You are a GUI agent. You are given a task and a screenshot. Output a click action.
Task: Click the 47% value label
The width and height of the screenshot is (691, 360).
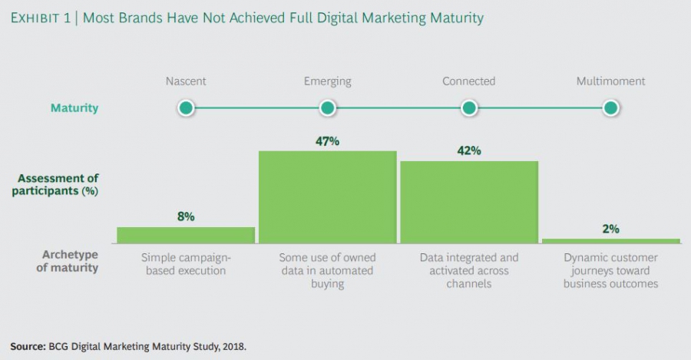pos(327,140)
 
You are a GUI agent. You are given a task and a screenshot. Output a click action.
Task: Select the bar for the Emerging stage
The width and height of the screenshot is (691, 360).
pos(327,197)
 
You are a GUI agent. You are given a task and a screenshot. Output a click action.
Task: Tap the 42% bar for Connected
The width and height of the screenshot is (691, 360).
pos(469,202)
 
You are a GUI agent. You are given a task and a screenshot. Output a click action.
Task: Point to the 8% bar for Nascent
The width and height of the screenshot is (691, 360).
pos(186,235)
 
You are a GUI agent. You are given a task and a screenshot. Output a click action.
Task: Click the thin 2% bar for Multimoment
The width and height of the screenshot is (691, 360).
pos(611,241)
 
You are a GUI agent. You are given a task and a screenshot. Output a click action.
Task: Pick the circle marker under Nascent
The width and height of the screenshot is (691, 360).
pos(185,108)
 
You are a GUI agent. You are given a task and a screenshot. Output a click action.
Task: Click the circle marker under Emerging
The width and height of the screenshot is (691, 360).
pos(327,108)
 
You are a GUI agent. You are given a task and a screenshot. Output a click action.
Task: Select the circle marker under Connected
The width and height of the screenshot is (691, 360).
pos(469,108)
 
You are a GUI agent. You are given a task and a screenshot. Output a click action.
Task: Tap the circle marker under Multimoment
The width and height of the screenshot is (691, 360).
pos(611,108)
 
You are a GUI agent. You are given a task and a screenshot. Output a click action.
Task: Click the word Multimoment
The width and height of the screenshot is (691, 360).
pos(610,81)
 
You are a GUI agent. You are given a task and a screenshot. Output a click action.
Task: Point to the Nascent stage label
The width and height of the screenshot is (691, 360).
pos(185,81)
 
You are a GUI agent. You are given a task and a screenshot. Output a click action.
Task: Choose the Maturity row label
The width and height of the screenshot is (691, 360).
pos(74,108)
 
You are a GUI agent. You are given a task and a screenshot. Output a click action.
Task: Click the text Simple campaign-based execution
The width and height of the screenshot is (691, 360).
pos(186,264)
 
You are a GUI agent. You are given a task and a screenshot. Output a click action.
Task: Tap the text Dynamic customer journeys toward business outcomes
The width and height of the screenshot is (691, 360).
pos(611,270)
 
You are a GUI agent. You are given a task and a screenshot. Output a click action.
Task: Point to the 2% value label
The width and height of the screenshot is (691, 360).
pos(611,229)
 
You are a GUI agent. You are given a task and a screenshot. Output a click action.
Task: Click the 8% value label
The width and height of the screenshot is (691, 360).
pos(186,217)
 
